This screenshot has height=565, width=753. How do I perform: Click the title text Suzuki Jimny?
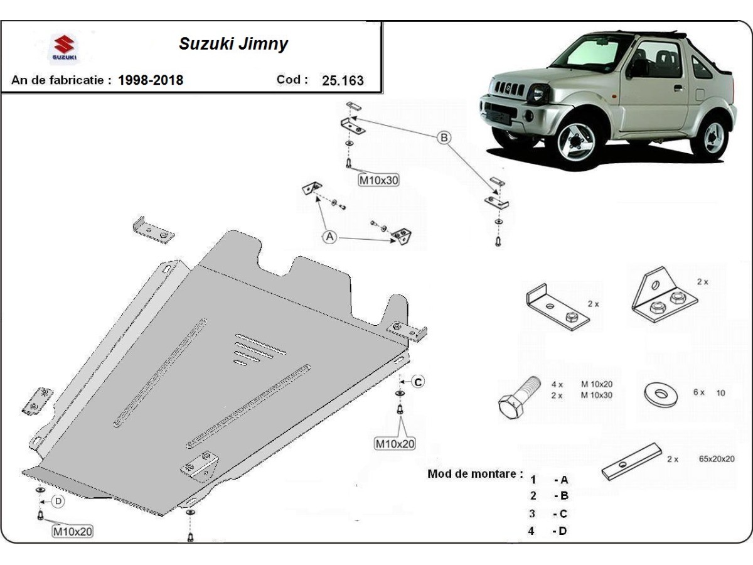point(233,44)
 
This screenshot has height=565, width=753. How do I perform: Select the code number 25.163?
point(342,80)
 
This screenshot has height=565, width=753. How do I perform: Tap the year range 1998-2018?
point(151,80)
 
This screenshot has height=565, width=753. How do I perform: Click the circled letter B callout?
point(444,138)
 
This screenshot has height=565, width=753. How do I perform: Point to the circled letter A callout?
point(330,237)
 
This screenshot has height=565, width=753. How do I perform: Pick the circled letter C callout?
point(418,381)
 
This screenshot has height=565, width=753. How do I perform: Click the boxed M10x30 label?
point(378,181)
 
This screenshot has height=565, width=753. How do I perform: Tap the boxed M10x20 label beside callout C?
point(395,443)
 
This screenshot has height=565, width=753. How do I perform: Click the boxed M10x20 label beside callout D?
point(72,531)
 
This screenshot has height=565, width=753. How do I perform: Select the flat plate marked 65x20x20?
point(631,461)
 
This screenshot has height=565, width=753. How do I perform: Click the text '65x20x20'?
point(716,459)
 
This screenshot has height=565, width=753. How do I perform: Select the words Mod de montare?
point(475,473)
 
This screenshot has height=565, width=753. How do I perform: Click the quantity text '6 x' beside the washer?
point(699,392)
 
